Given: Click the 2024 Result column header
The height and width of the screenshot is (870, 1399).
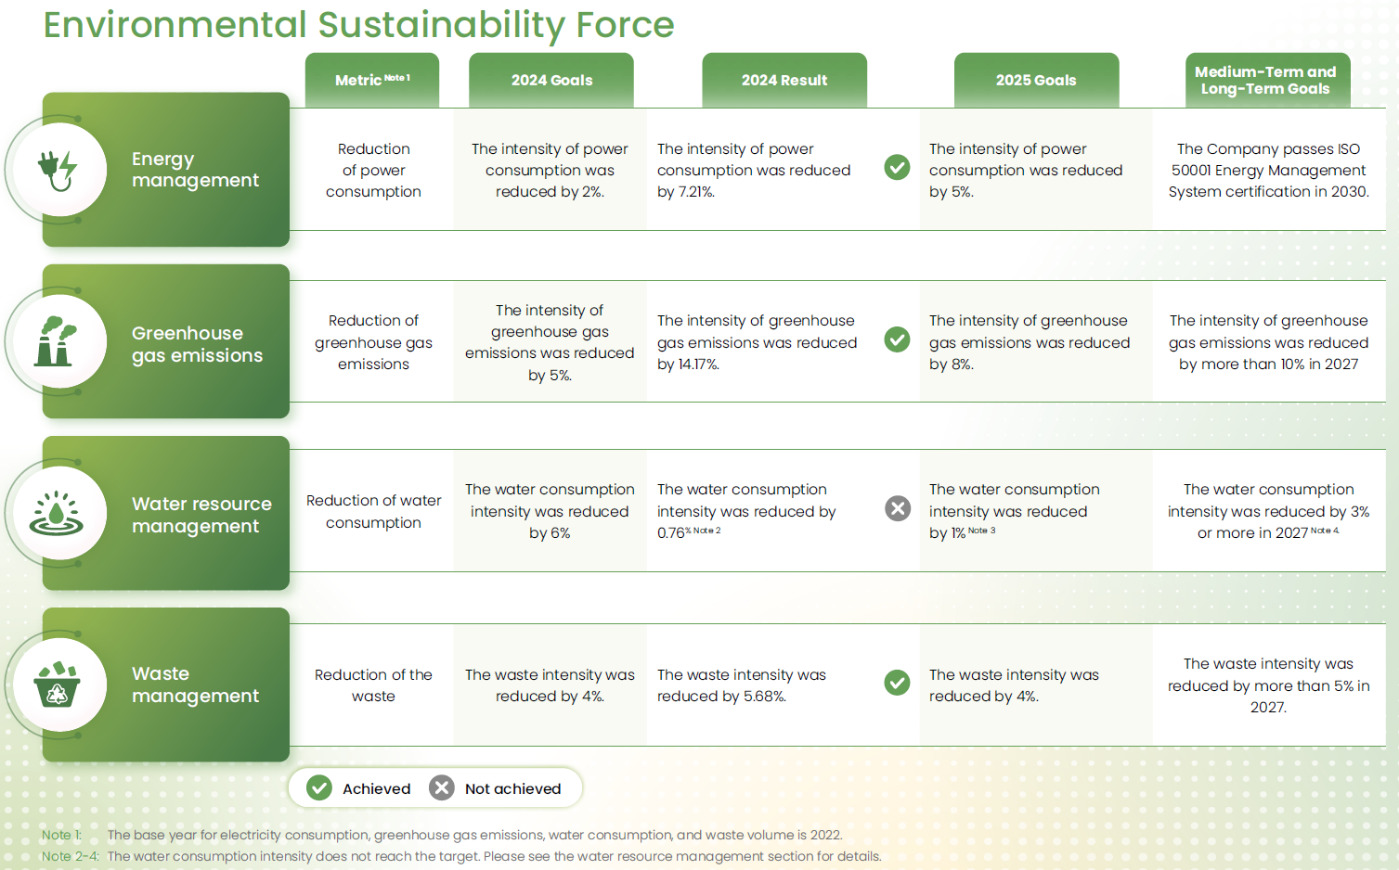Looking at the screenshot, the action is tap(784, 80).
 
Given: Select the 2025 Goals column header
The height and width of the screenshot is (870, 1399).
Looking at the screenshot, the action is tap(1036, 80).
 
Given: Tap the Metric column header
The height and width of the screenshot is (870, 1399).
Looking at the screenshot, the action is tap(372, 80).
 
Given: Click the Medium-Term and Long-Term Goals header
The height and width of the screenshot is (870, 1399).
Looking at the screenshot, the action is tap(1268, 80).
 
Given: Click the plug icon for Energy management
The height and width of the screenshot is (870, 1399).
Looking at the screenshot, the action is tap(58, 171).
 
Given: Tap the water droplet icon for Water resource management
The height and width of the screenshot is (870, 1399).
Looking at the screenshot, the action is tap(57, 513).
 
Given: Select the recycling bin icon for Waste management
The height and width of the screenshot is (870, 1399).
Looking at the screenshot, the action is tap(57, 684).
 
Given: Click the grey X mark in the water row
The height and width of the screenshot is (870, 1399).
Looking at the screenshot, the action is tap(898, 508).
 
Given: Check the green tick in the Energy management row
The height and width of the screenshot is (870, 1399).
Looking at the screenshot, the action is tap(897, 167).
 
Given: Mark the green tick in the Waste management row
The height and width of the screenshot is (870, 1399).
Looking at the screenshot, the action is tap(897, 683).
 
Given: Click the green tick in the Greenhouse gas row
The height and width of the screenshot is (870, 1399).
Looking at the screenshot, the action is tap(897, 339).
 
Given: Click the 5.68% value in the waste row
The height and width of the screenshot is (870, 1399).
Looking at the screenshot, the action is tap(764, 696).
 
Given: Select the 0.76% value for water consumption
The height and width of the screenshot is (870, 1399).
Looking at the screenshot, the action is tap(674, 533).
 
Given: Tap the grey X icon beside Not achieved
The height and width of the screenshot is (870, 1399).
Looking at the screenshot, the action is tap(442, 787).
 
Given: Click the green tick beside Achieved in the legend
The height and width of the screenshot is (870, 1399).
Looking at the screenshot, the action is tap(319, 787).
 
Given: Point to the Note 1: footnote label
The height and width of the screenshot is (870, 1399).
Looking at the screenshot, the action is tap(61, 835).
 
